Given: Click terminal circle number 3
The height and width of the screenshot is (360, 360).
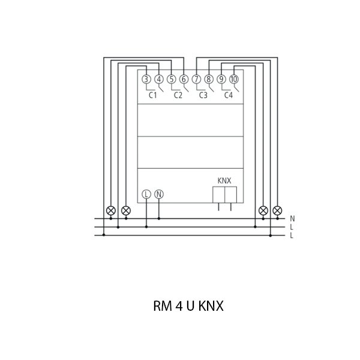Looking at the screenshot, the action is click(146, 79).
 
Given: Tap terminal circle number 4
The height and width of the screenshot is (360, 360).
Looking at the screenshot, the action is click(159, 79).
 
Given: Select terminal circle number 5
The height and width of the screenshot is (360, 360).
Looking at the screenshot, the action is click(171, 79).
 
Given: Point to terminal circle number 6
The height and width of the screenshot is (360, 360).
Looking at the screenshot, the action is click(184, 79).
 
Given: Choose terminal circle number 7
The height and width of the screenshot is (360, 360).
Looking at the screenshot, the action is click(196, 79).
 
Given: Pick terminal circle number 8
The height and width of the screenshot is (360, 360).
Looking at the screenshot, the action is click(209, 79).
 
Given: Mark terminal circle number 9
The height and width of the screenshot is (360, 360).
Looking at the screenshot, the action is click(221, 79).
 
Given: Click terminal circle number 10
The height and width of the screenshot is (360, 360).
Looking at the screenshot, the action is click(234, 79).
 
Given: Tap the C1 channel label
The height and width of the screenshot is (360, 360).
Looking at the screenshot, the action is click(153, 95).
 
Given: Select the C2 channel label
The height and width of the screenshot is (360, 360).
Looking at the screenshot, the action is click(178, 95).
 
